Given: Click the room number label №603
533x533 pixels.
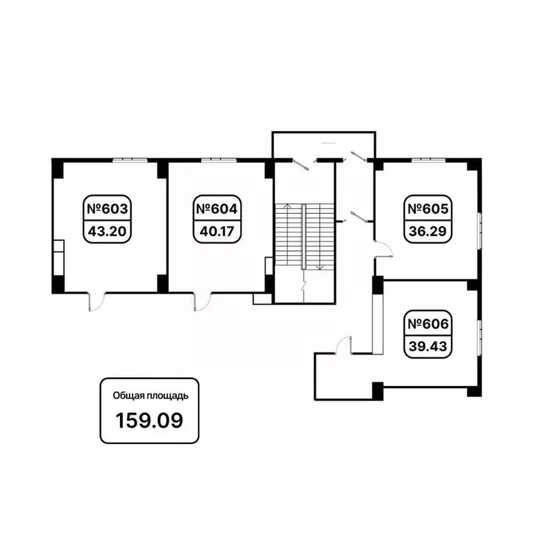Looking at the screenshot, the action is [x=108, y=209].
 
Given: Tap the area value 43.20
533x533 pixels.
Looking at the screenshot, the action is [x=108, y=232].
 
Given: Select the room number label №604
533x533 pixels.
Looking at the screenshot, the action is [x=217, y=209].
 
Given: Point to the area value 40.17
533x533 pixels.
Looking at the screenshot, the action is [x=217, y=232].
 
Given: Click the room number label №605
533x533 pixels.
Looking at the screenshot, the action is [x=428, y=209].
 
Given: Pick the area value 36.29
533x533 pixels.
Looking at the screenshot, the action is [x=428, y=232].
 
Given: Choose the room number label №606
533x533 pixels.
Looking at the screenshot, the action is [x=428, y=324].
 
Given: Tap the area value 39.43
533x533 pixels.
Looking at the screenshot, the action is [x=428, y=346].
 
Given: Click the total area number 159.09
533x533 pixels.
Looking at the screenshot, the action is [x=149, y=420].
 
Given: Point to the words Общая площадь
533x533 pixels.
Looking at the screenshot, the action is [x=151, y=396].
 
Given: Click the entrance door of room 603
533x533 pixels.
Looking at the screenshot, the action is [x=97, y=301].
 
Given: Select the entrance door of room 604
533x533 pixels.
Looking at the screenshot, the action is [x=202, y=301].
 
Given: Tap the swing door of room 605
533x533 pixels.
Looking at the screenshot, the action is [x=384, y=249].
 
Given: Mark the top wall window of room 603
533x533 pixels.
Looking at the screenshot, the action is [x=130, y=160].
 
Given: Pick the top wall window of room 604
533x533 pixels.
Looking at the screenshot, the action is [x=219, y=160].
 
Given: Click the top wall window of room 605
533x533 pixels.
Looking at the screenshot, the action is [x=428, y=160].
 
